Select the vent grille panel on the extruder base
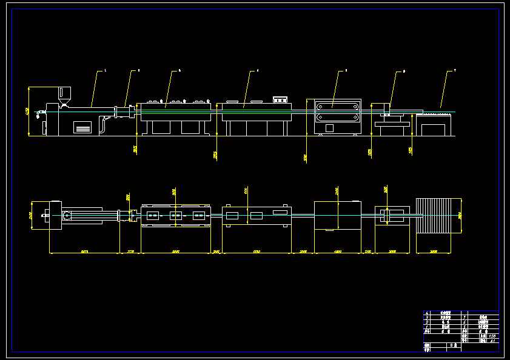point(82,127)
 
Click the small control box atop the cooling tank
point(280,99)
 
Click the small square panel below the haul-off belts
point(329,128)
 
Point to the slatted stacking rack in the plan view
point(438,215)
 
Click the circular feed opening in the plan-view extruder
point(67,215)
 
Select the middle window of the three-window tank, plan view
point(176,216)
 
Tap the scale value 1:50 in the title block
point(492,336)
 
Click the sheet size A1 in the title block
point(492,341)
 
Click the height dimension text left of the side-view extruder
point(27,111)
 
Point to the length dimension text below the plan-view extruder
point(84,251)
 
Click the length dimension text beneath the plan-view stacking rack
point(433,251)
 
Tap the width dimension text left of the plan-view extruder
point(30,215)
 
